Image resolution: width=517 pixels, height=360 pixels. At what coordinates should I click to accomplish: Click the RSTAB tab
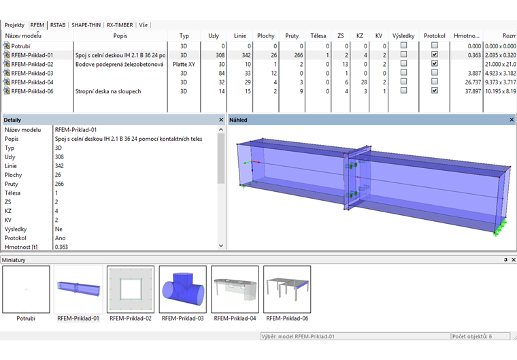point(58,25)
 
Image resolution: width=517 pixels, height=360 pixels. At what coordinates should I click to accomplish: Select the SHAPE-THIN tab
point(86,25)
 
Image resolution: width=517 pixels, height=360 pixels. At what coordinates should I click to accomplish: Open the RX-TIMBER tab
point(120,25)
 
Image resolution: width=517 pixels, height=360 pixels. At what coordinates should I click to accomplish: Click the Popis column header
point(120,35)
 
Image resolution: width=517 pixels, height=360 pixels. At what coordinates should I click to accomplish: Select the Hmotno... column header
point(466,35)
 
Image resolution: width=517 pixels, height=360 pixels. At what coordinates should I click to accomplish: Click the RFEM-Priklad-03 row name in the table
point(33,73)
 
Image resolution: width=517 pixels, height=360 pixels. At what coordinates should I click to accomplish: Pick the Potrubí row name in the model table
point(20,46)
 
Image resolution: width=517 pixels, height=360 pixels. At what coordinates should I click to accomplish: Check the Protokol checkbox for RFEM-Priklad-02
point(435,63)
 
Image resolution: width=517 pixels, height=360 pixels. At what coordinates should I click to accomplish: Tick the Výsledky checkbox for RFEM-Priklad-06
point(403,91)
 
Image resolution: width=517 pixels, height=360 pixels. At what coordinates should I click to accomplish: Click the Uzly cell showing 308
point(220,55)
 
